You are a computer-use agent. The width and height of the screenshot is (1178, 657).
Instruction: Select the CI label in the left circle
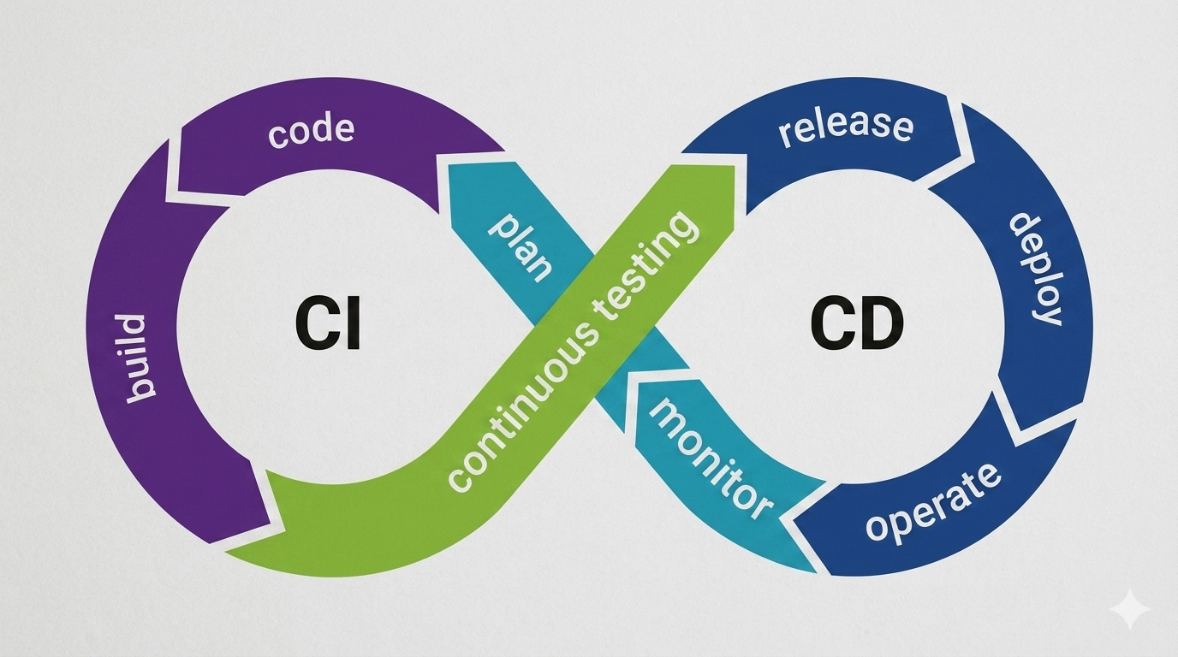(x=329, y=326)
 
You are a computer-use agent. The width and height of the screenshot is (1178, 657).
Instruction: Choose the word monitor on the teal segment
(x=709, y=458)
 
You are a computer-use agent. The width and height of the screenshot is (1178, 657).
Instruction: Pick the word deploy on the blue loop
(x=1035, y=268)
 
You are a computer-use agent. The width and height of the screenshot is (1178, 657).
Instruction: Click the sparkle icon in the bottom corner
(x=1129, y=610)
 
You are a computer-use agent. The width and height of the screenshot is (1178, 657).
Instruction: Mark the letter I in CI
(x=352, y=326)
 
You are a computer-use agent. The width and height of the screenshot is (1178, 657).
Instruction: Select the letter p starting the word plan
(x=502, y=227)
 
